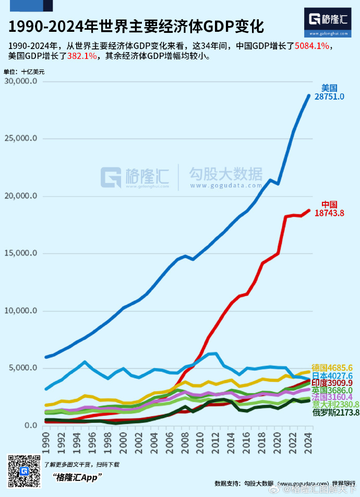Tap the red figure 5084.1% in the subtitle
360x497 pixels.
(x=312, y=46)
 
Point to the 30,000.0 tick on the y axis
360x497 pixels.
(x=20, y=81)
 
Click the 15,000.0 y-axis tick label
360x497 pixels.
(x=20, y=253)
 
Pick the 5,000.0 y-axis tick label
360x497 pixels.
(x=22, y=368)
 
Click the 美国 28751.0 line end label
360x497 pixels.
(x=329, y=92)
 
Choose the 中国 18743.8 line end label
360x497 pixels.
(x=329, y=209)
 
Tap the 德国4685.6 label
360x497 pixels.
(x=332, y=367)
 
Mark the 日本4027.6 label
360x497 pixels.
(x=332, y=375)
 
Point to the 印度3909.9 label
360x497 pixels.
(x=332, y=383)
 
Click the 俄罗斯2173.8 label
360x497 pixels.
(x=336, y=413)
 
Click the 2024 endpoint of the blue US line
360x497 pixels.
(x=309, y=95)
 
